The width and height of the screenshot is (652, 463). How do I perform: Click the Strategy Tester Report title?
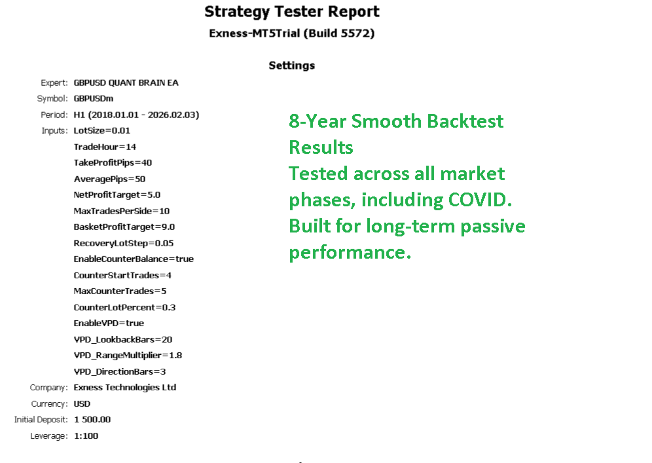(291, 12)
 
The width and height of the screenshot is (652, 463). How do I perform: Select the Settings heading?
(291, 65)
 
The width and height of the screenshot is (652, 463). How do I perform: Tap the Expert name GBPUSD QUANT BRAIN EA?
(126, 83)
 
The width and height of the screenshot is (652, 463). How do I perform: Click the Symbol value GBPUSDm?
(94, 99)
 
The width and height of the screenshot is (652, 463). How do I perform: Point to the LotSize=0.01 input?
(102, 130)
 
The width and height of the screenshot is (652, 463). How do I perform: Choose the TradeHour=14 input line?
(105, 147)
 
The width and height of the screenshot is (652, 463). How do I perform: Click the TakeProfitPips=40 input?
(113, 162)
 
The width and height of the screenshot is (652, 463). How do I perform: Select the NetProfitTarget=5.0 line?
(117, 194)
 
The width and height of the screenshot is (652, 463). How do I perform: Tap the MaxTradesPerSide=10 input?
(121, 211)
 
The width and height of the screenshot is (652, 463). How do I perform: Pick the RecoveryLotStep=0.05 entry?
(124, 243)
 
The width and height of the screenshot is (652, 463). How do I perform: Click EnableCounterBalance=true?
(134, 259)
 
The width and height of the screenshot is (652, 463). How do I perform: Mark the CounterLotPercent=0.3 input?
(124, 307)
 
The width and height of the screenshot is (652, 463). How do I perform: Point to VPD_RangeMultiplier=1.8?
(128, 355)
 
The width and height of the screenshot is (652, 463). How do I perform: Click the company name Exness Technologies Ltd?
(125, 387)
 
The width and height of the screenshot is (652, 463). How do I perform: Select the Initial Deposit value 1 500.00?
(92, 419)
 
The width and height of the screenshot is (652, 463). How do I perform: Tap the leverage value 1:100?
(86, 436)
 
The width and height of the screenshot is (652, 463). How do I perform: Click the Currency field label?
(49, 404)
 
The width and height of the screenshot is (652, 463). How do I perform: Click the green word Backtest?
(465, 121)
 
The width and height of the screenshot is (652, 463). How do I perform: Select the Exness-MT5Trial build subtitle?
(291, 33)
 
